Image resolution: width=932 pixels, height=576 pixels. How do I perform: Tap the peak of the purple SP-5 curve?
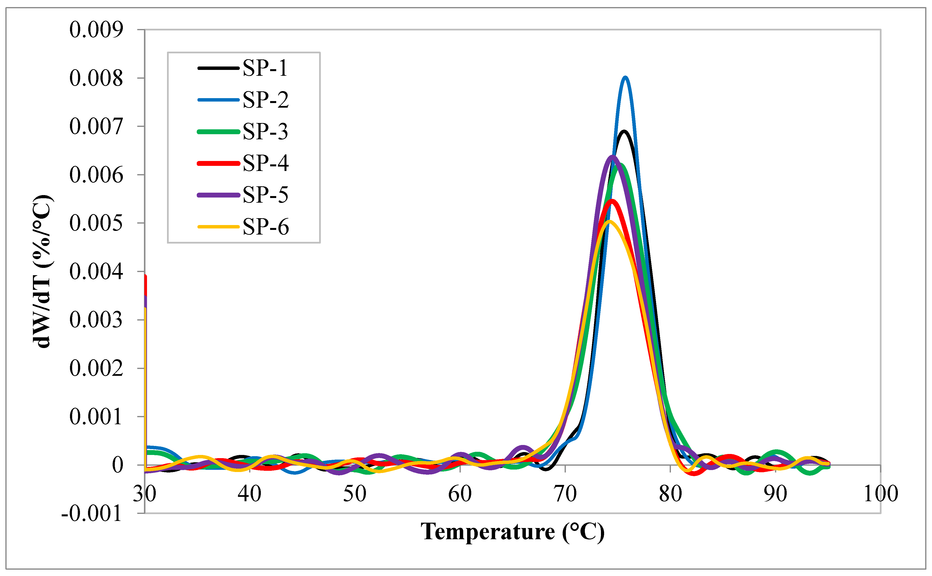click(612, 157)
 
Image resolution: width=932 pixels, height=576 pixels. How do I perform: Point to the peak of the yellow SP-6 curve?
click(609, 221)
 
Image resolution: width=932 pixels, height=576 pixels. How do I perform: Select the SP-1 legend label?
click(265, 69)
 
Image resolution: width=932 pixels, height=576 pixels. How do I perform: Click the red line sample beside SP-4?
click(218, 163)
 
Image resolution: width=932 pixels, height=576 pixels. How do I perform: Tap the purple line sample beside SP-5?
click(218, 195)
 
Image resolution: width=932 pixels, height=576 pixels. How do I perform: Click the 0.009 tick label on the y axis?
click(96, 30)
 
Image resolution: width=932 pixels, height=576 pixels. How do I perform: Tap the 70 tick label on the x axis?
click(565, 494)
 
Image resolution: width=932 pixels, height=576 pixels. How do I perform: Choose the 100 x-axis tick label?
click(880, 494)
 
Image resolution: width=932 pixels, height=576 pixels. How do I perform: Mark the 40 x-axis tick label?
click(249, 494)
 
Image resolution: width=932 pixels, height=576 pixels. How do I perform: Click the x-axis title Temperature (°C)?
click(512, 532)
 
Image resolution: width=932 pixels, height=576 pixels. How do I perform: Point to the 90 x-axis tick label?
click(775, 494)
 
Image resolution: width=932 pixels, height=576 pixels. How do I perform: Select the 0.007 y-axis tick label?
click(96, 126)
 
